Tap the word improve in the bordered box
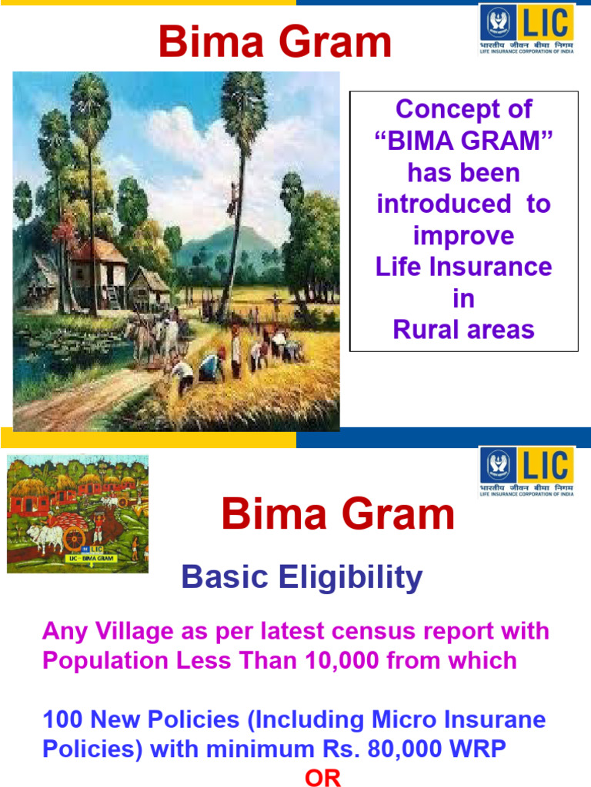click(x=463, y=236)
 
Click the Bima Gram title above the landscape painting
click(x=275, y=43)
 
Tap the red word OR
click(x=323, y=778)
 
